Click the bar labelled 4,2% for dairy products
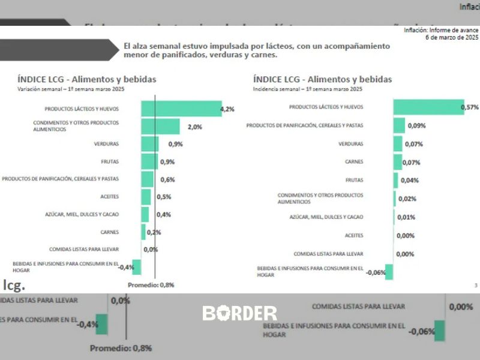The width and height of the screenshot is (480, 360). pyautogui.click(x=181, y=109)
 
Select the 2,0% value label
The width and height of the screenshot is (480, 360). pyautogui.click(x=194, y=127)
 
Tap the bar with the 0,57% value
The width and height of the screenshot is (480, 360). pyautogui.click(x=428, y=107)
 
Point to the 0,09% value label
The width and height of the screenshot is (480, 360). pyautogui.click(x=416, y=125)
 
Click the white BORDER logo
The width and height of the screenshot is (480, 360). pyautogui.click(x=240, y=313)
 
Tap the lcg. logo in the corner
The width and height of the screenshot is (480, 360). pyautogui.click(x=14, y=284)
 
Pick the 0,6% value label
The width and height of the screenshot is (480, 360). pyautogui.click(x=167, y=179)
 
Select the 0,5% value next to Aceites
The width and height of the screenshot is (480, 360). pyautogui.click(x=164, y=197)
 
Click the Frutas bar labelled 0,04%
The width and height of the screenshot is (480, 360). pyautogui.click(x=396, y=180)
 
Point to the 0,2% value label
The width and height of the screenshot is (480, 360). pyautogui.click(x=154, y=232)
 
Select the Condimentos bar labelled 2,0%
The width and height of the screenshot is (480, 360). pyautogui.click(x=160, y=127)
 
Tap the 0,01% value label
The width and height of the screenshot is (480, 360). pyautogui.click(x=406, y=217)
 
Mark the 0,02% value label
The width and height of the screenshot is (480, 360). pyautogui.click(x=407, y=199)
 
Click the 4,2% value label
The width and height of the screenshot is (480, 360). pyautogui.click(x=227, y=109)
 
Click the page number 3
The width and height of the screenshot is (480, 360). pyautogui.click(x=476, y=285)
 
